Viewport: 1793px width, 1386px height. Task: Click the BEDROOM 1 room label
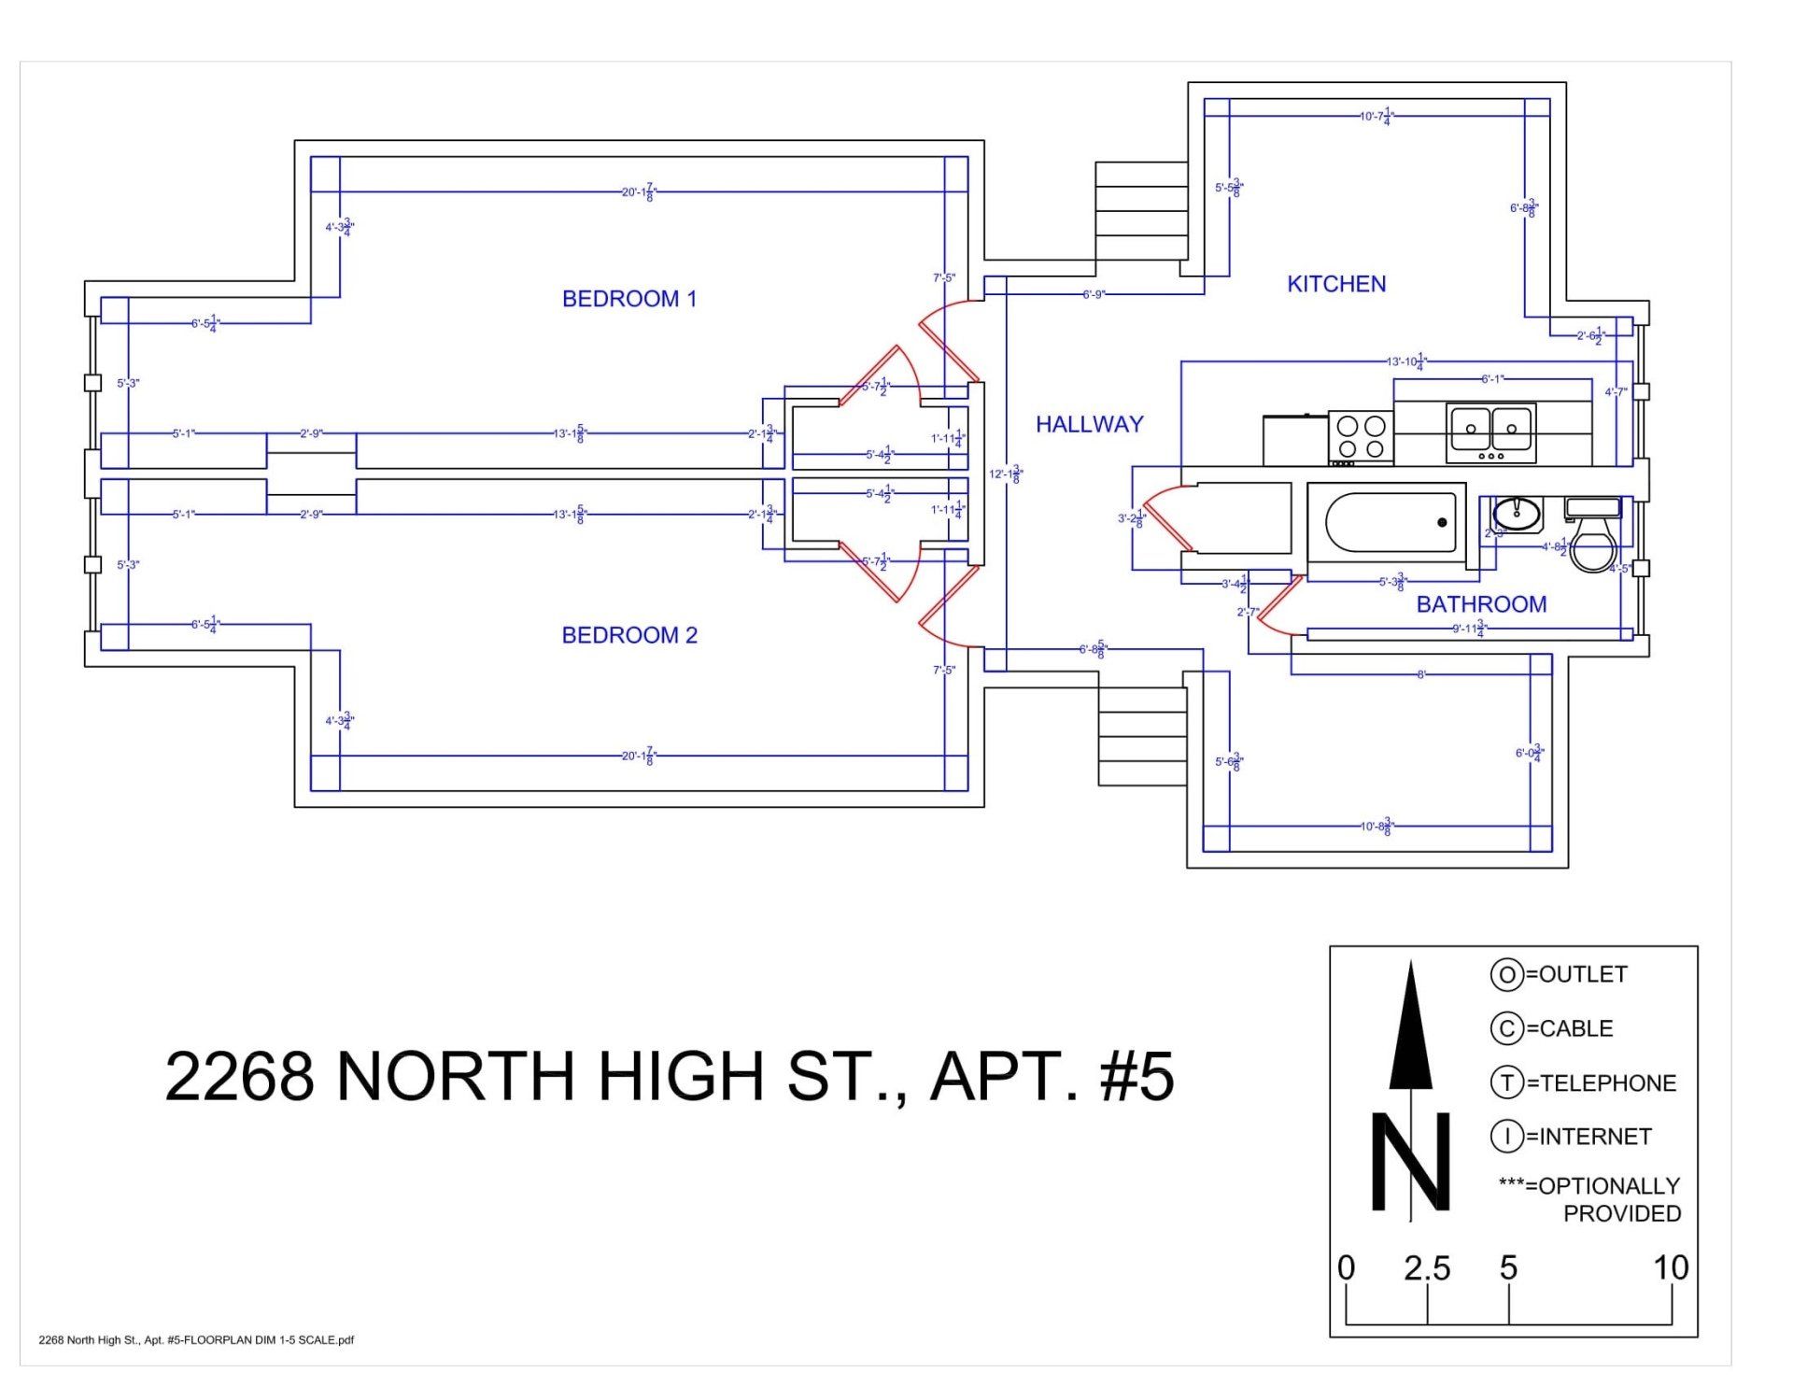(628, 299)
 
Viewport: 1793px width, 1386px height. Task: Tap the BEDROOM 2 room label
(628, 635)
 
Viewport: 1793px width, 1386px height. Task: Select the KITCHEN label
(1335, 284)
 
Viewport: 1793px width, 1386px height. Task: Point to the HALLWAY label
(1089, 424)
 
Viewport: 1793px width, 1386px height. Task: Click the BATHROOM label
(1481, 604)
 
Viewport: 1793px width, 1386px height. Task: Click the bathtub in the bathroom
(1391, 522)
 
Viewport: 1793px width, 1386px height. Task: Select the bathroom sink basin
(1517, 514)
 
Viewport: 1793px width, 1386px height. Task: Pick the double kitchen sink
(1490, 432)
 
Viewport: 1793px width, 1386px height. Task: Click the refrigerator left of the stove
(1295, 440)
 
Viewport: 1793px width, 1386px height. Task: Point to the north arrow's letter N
(1410, 1162)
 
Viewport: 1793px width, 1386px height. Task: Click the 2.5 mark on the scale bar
(1427, 1268)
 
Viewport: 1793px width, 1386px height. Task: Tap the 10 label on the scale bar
(1670, 1268)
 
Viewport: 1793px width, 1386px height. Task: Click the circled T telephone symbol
(1505, 1083)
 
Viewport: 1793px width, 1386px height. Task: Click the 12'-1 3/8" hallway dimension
(1006, 474)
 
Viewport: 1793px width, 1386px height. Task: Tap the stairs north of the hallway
(1140, 211)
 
